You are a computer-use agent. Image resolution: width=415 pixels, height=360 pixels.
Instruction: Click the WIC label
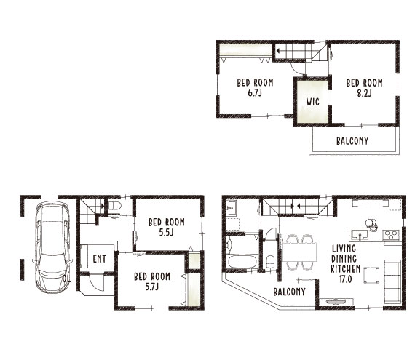coord(313,102)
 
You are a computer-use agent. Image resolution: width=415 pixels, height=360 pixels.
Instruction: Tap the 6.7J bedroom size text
coord(255,93)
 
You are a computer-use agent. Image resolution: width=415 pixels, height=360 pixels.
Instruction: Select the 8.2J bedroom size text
coord(364,93)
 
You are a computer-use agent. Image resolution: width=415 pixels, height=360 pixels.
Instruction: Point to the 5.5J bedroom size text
coord(166,233)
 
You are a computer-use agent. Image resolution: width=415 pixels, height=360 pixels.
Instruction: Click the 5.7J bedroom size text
coord(152,287)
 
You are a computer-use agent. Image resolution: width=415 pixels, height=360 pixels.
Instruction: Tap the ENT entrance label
coord(100,259)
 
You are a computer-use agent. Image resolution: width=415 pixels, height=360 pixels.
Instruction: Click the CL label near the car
coord(67,279)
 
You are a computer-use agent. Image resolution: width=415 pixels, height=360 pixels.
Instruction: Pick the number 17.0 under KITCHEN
coord(345,279)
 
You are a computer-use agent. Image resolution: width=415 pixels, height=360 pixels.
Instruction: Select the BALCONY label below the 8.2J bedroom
coord(352,141)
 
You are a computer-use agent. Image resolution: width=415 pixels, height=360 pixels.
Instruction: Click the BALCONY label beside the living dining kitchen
coord(289,292)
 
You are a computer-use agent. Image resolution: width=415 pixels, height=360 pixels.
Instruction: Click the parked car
coord(52,247)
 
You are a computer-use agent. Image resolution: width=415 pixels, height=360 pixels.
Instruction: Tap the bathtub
coord(243,261)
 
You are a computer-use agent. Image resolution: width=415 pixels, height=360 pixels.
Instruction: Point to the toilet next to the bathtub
coord(270,262)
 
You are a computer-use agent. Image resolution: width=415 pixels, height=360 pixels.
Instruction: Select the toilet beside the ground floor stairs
coord(114,206)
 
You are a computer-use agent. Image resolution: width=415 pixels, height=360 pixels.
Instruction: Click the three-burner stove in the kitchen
coord(392,234)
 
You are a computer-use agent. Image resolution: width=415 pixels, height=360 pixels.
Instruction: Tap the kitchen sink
coord(360,235)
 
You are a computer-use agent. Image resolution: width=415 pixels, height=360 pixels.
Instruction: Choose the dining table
coord(300,252)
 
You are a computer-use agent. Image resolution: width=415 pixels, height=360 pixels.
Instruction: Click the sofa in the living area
coord(392,281)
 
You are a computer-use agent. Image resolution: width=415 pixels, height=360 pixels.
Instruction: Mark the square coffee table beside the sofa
coord(371,275)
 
